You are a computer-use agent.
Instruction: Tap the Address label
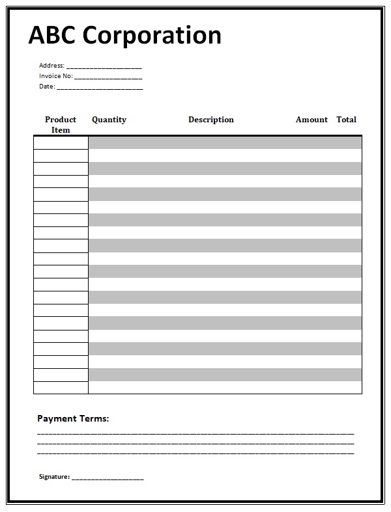[51, 66]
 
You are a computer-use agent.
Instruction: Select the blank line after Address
[104, 68]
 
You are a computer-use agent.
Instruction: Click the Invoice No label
[55, 76]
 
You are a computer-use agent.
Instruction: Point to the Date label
[47, 87]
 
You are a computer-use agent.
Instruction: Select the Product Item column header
[61, 124]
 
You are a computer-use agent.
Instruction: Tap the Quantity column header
[109, 120]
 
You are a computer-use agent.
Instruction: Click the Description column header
[210, 120]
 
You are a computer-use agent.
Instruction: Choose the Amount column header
[311, 120]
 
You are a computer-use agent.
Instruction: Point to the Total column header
[346, 120]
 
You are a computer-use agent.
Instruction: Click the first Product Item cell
[61, 143]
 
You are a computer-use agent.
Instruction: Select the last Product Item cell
[61, 388]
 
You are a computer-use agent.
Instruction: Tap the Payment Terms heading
[73, 419]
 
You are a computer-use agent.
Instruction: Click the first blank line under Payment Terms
[195, 433]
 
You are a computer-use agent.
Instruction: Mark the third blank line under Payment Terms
[195, 453]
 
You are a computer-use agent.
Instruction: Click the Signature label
[54, 477]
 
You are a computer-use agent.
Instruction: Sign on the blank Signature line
[108, 479]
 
